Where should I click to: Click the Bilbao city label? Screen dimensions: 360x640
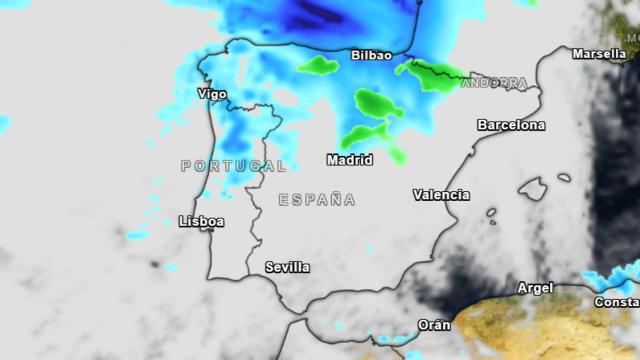coord(371,56)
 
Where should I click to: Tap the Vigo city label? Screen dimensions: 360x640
coord(213,94)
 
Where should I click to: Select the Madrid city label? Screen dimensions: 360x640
coord(350,159)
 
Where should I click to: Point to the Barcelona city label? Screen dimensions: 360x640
coord(512,125)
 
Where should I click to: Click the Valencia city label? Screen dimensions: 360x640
coord(441,195)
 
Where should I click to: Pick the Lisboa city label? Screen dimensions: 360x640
coord(201,221)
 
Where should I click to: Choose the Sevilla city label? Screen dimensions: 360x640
coord(287,267)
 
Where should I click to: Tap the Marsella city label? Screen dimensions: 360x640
coord(599,54)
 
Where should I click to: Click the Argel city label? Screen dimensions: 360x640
coord(535,288)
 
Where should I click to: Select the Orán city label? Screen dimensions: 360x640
coord(434,324)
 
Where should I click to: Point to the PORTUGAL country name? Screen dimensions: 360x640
coord(234,165)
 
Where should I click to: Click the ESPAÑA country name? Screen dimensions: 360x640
coord(317,199)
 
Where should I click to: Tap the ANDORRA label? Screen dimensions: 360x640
coord(495,83)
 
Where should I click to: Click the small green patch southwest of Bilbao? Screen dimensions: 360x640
coord(318,66)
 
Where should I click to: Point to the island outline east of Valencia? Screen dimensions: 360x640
coord(532,190)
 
